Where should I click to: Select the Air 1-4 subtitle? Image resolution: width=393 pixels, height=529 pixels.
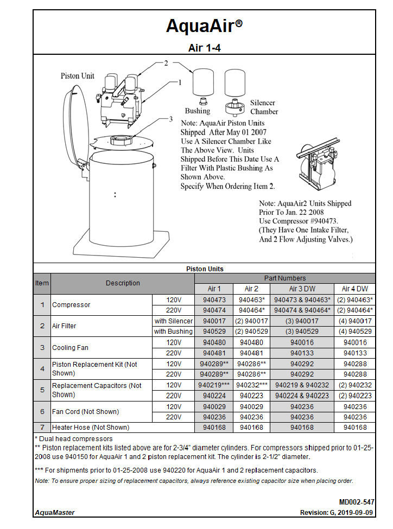click(x=204, y=48)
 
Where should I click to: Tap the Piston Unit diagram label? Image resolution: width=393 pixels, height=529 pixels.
click(x=77, y=76)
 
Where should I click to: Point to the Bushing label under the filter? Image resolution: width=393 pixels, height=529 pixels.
click(x=197, y=111)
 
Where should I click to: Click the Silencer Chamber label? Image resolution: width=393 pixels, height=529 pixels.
click(x=263, y=107)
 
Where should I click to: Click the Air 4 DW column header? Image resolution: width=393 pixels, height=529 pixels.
click(x=355, y=289)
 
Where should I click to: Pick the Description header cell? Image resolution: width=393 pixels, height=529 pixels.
click(x=123, y=283)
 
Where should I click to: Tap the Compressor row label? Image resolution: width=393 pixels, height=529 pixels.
click(x=71, y=305)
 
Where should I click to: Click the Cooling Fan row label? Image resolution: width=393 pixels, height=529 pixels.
click(x=70, y=348)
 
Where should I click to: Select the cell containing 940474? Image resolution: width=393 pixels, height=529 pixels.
click(x=214, y=310)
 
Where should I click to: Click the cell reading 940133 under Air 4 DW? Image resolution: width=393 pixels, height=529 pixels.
click(x=355, y=353)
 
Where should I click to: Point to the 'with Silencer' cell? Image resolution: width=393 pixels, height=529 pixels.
click(x=173, y=321)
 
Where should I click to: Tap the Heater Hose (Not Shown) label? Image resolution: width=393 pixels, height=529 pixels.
click(x=90, y=428)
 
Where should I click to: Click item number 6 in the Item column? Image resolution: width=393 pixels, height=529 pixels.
click(x=42, y=412)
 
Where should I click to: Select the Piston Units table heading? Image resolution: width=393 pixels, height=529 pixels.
click(x=204, y=269)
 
